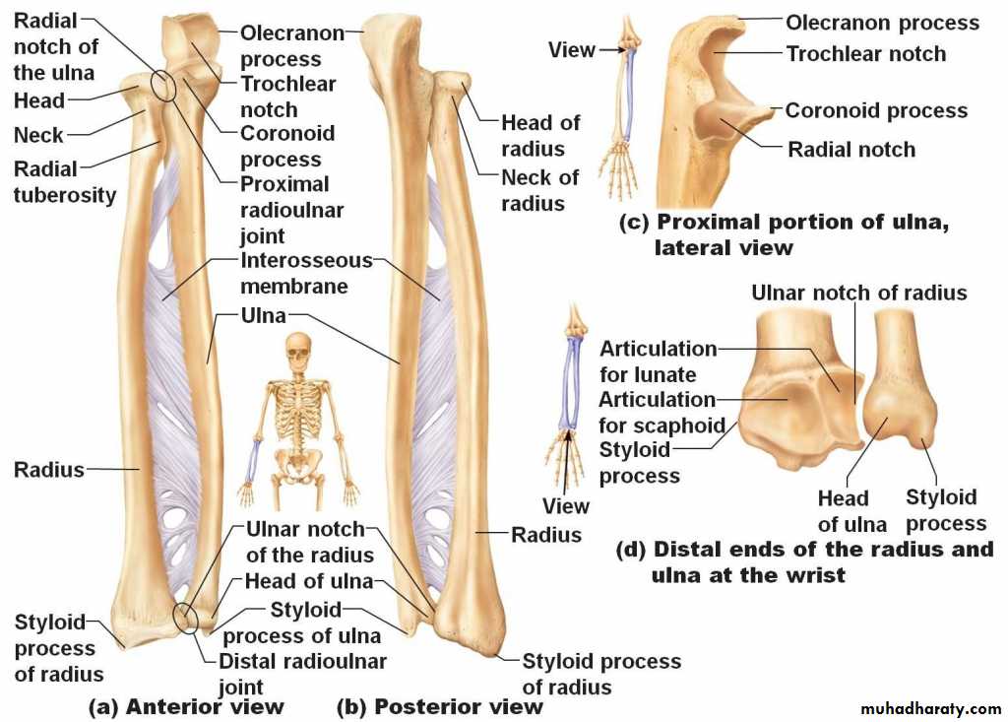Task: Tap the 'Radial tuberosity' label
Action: tap(63, 182)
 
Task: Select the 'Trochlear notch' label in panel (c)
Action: tap(865, 53)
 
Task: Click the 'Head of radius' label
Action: tap(539, 136)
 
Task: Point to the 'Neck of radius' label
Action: tap(539, 190)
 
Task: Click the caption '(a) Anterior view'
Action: tap(186, 706)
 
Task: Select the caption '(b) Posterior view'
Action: tap(439, 706)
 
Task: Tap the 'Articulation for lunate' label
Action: tap(657, 361)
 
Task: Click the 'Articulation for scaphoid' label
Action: tap(657, 413)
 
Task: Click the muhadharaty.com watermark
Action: tap(930, 709)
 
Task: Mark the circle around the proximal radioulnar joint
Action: tap(164, 87)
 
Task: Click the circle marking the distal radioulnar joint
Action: tap(185, 618)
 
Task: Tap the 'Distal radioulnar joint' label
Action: tap(301, 674)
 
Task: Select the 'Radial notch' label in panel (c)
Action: tap(851, 150)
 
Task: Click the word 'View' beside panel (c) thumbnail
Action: tap(572, 49)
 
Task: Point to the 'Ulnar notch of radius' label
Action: tap(858, 293)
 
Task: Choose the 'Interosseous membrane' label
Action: tap(306, 274)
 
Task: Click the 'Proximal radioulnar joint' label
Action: tap(290, 210)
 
